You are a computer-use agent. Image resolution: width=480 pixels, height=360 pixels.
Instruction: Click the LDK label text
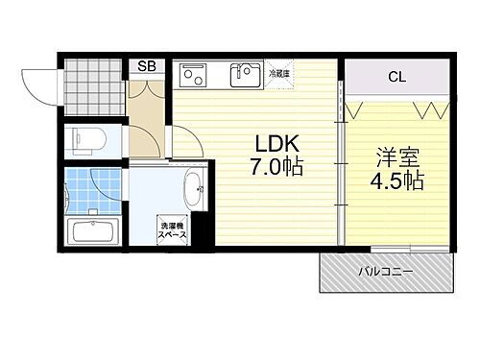pos(277,144)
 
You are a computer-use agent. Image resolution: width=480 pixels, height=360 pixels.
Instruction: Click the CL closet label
pos(395,76)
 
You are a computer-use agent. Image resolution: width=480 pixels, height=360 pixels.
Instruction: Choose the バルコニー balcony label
pos(386,272)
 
